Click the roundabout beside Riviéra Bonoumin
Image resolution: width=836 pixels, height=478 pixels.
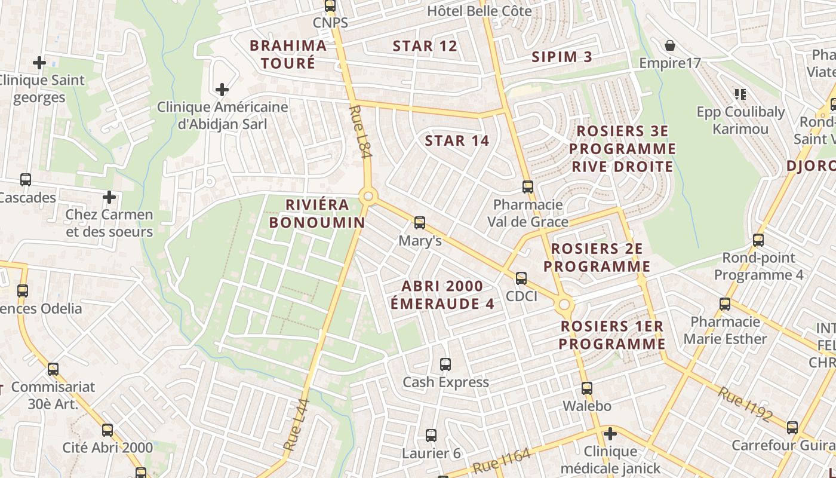point(368,196)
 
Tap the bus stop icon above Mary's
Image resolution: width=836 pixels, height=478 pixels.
point(420,223)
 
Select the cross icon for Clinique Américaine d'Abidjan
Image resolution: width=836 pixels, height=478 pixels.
point(222,90)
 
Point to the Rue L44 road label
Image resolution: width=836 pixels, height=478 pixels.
point(296,425)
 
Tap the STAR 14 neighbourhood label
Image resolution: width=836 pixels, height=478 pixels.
point(457,141)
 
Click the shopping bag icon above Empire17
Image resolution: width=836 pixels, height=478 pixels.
point(670,45)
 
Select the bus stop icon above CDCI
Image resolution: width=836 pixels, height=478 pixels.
point(521,278)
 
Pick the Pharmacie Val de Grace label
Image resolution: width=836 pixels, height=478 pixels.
point(527,213)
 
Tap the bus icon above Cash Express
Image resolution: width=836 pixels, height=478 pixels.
point(445,364)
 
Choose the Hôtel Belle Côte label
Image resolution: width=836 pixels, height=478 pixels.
point(480,11)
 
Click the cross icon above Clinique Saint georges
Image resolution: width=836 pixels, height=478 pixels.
point(39,62)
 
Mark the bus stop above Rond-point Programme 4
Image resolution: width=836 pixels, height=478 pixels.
point(758,240)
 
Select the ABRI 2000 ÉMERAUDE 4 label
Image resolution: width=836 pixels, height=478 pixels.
point(442,295)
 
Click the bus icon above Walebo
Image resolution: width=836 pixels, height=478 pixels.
point(586,388)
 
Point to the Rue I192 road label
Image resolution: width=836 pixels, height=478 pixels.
point(745,405)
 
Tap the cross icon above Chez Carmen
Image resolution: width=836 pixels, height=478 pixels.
point(109,197)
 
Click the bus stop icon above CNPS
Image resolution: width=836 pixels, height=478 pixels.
point(330,6)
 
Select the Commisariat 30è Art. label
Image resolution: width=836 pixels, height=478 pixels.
point(53,395)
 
